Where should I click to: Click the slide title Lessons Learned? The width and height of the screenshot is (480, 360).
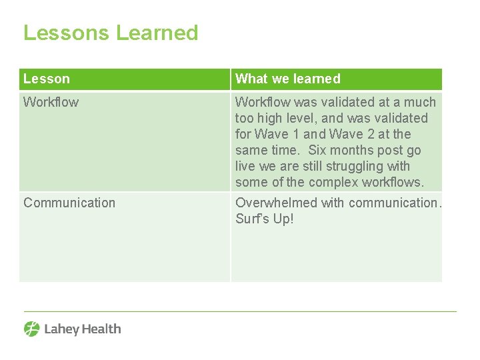[111, 33]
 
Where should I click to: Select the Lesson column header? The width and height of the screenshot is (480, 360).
[47, 79]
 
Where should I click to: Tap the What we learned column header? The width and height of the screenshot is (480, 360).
[288, 79]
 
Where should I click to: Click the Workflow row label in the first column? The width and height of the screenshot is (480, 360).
[51, 102]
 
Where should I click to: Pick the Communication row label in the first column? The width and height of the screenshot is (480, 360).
[69, 203]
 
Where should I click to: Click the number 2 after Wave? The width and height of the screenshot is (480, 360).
[373, 134]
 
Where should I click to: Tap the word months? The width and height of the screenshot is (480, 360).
[357, 150]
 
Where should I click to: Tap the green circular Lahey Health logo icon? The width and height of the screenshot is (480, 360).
[31, 329]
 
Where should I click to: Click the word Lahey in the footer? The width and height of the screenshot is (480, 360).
[60, 329]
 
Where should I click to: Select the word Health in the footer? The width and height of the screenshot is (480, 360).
[100, 329]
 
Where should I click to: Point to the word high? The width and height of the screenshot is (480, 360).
[273, 118]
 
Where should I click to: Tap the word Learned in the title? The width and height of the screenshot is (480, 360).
[157, 33]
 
